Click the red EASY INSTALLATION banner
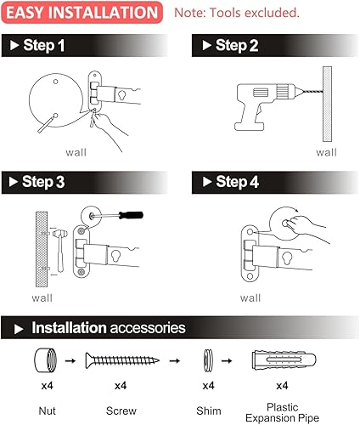click(82, 13)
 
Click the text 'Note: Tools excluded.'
click(237, 14)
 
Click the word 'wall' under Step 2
click(326, 152)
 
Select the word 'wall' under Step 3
click(42, 298)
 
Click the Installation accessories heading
click(108, 327)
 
